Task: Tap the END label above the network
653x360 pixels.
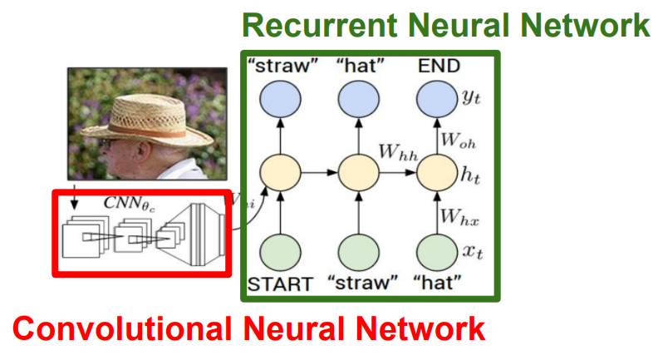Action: point(439,67)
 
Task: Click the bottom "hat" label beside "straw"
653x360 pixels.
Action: point(439,284)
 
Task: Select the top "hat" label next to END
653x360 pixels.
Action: point(359,67)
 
